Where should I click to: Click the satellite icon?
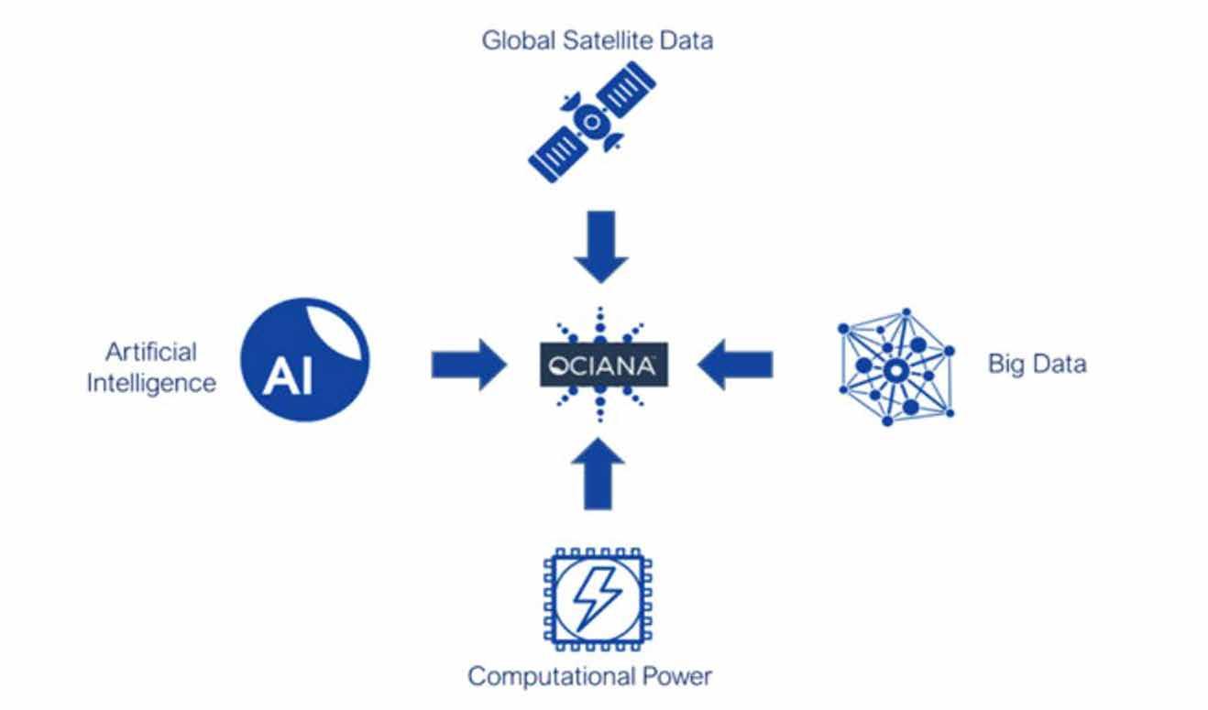(x=592, y=120)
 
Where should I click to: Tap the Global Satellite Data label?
(x=597, y=40)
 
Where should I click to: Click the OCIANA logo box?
(x=600, y=366)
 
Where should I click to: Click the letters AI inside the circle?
(x=287, y=377)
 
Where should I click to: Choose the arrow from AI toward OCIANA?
(x=467, y=366)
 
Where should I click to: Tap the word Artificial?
(x=151, y=352)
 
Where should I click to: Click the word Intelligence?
(x=151, y=382)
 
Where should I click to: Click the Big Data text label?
(x=1036, y=364)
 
